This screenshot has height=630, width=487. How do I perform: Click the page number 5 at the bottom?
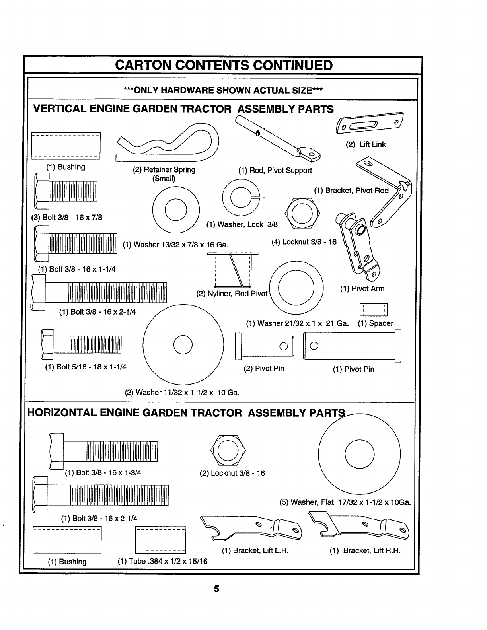point(216,589)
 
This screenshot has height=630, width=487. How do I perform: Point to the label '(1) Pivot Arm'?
point(362,288)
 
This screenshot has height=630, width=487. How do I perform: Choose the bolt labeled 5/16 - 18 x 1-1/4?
point(82,344)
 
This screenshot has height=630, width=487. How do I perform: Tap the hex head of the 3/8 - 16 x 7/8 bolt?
point(41,191)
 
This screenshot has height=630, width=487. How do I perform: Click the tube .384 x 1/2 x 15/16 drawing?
point(161,540)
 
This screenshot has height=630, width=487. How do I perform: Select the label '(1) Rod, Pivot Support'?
point(275,171)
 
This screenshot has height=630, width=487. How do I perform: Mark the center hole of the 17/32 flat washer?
point(360,454)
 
